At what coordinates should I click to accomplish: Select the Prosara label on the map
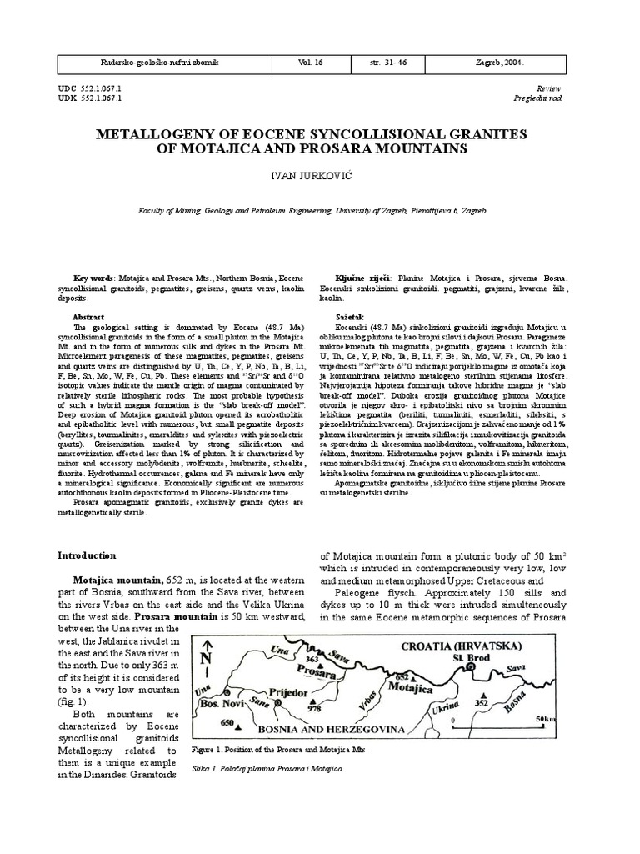click(x=322, y=671)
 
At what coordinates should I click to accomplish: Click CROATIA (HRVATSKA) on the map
click(x=484, y=646)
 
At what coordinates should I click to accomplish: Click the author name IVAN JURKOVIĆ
click(x=319, y=178)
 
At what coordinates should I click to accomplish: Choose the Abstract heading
click(x=89, y=318)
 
